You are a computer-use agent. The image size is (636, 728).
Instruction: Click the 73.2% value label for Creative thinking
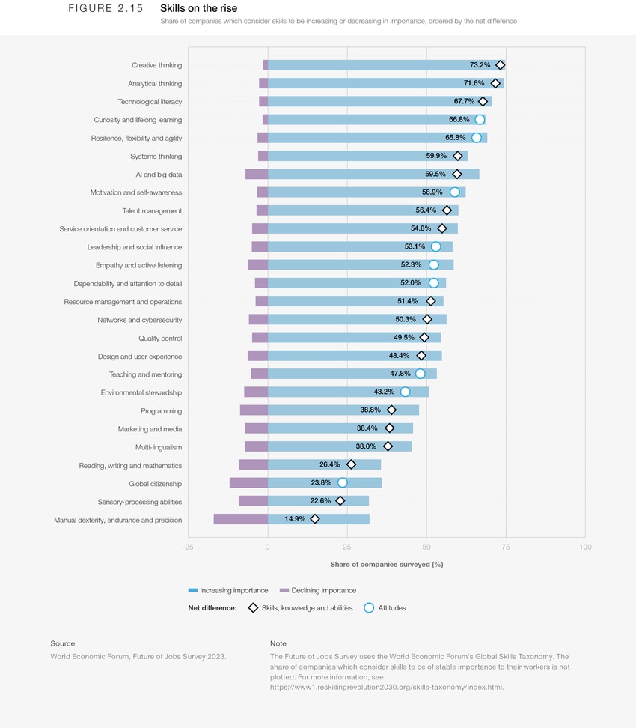pyautogui.click(x=480, y=65)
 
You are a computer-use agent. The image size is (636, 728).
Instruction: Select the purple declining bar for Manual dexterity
pyautogui.click(x=240, y=519)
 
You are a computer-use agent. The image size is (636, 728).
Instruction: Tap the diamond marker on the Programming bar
pyautogui.click(x=391, y=410)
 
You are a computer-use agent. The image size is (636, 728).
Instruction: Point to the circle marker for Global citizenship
pyautogui.click(x=343, y=483)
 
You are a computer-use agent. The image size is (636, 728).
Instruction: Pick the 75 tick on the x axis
pyautogui.click(x=506, y=547)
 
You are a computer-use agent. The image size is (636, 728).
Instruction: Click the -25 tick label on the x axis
pyautogui.click(x=188, y=547)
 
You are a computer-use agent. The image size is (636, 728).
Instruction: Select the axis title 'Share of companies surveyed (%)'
pyautogui.click(x=386, y=565)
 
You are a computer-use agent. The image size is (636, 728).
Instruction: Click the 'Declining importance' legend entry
pyautogui.click(x=318, y=590)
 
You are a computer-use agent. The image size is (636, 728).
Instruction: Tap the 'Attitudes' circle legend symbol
pyautogui.click(x=369, y=608)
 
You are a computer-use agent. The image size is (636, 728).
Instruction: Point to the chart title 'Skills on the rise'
pyautogui.click(x=198, y=9)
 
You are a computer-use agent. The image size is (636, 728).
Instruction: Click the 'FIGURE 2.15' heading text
pyautogui.click(x=106, y=9)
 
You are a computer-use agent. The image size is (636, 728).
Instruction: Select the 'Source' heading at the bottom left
pyautogui.click(x=63, y=643)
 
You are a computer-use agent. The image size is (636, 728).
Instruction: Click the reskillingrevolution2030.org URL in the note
pyautogui.click(x=387, y=687)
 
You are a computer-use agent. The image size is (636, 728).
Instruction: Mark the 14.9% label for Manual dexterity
pyautogui.click(x=295, y=519)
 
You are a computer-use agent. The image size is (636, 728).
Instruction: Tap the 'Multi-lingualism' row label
pyautogui.click(x=159, y=447)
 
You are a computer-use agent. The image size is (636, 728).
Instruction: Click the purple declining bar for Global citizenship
pyautogui.click(x=248, y=483)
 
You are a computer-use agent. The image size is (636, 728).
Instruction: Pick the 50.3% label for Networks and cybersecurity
pyautogui.click(x=406, y=320)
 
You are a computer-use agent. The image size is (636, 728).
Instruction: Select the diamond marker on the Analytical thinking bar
pyautogui.click(x=495, y=83)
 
